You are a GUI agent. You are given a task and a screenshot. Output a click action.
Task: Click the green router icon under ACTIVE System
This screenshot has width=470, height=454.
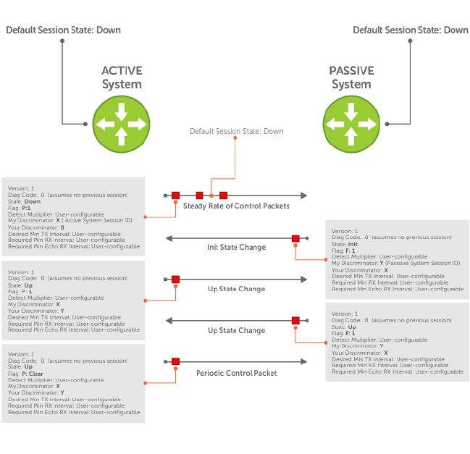[x=121, y=121]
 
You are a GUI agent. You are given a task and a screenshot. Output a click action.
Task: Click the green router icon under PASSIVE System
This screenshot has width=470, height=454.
[x=351, y=121]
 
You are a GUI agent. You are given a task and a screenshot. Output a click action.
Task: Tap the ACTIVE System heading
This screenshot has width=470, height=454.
[x=122, y=77]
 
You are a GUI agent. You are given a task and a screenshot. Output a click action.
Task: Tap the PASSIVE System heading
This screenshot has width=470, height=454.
[x=351, y=77]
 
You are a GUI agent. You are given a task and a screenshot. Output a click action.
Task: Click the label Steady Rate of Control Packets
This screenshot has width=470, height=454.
[x=236, y=206]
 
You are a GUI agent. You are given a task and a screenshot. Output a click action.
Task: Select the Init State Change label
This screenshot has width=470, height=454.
[x=236, y=248]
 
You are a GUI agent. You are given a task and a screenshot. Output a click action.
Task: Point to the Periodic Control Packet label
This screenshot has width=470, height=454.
[x=236, y=373]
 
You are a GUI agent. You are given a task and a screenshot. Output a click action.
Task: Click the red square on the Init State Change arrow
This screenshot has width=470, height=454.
[x=295, y=238]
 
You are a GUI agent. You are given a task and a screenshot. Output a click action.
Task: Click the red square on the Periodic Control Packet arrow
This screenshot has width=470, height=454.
[x=175, y=361]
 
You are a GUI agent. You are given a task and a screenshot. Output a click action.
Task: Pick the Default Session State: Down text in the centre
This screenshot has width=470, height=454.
[x=236, y=132]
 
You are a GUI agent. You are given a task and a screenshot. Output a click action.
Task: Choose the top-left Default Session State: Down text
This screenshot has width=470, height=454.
[x=63, y=30]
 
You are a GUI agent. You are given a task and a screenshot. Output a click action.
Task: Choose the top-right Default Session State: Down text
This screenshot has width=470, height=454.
[x=411, y=30]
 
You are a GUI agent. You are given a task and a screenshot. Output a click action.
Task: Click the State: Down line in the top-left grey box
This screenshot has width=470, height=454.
[x=25, y=202]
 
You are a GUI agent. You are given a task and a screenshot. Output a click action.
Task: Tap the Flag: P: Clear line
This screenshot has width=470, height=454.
[x=30, y=374]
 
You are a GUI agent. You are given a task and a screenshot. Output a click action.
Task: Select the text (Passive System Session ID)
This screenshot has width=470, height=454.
[x=424, y=263]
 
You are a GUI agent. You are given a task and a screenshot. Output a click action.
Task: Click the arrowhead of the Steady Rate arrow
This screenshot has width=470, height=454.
[x=303, y=196]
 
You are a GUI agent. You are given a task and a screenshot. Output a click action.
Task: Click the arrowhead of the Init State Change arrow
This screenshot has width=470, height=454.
[x=169, y=238]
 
